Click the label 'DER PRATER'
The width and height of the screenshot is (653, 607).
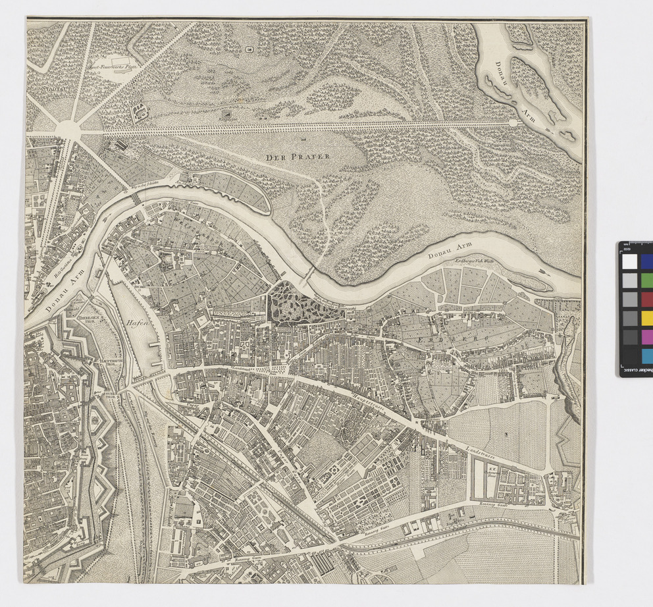tap(298, 157)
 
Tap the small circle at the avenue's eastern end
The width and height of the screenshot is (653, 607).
tap(512, 122)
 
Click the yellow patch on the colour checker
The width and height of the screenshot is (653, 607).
tap(647, 318)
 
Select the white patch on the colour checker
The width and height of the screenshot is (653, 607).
tap(630, 261)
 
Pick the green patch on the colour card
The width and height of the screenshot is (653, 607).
tap(647, 280)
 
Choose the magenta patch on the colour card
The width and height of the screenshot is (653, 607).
tap(647, 337)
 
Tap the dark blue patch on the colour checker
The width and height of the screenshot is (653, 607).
tap(647, 261)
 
